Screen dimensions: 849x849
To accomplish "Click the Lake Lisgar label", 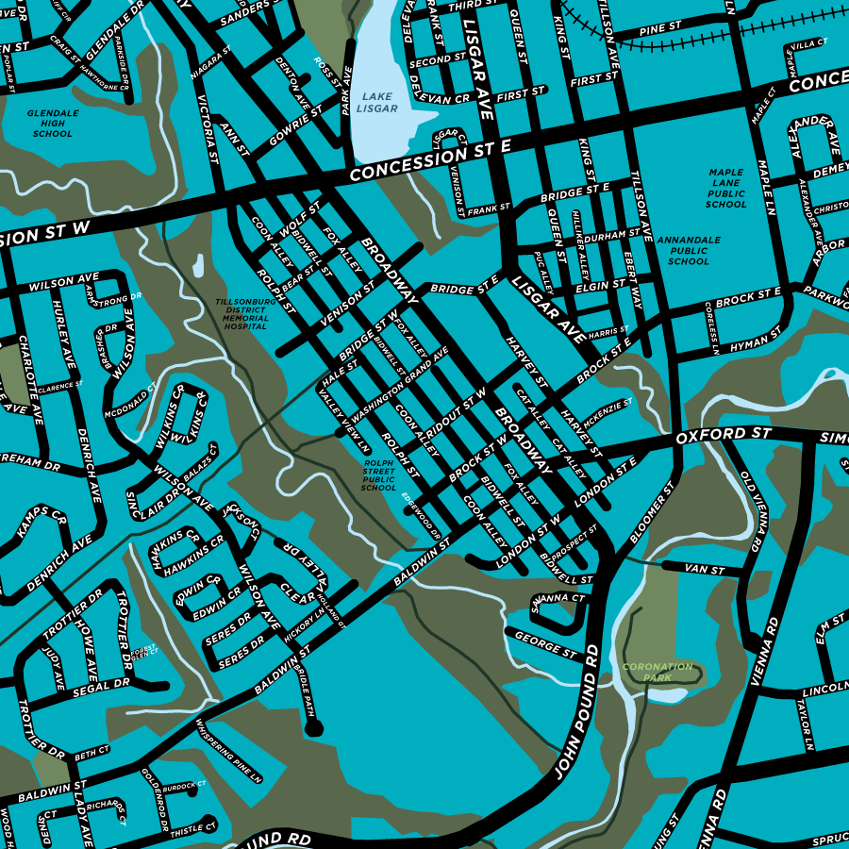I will click(377, 102).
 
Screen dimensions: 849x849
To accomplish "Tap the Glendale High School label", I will click(52, 124).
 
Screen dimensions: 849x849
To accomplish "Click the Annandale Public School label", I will click(689, 251).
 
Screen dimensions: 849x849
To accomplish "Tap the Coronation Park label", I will click(657, 672).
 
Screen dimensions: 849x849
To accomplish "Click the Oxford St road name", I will click(724, 436).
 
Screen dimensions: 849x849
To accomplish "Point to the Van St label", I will click(704, 570).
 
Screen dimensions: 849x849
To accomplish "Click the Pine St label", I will click(659, 29).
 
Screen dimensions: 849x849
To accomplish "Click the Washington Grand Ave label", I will click(399, 388).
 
